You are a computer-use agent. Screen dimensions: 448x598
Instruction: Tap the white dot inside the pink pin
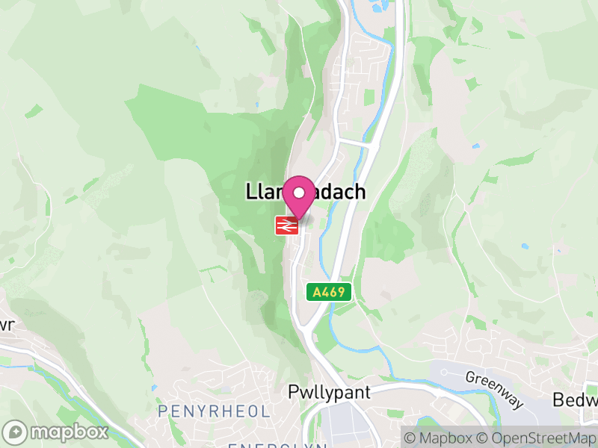[x=299, y=193]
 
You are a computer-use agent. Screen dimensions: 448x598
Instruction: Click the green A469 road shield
[x=329, y=292]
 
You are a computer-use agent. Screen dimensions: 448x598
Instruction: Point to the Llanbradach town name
[x=306, y=192]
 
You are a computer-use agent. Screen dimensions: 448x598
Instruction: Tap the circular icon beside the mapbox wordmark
[x=16, y=432]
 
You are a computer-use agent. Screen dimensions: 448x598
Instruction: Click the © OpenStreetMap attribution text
[x=536, y=438]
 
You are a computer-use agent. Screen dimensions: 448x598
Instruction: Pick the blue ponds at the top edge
[x=374, y=7]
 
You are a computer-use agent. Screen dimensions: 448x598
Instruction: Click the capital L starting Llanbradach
[x=251, y=192]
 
